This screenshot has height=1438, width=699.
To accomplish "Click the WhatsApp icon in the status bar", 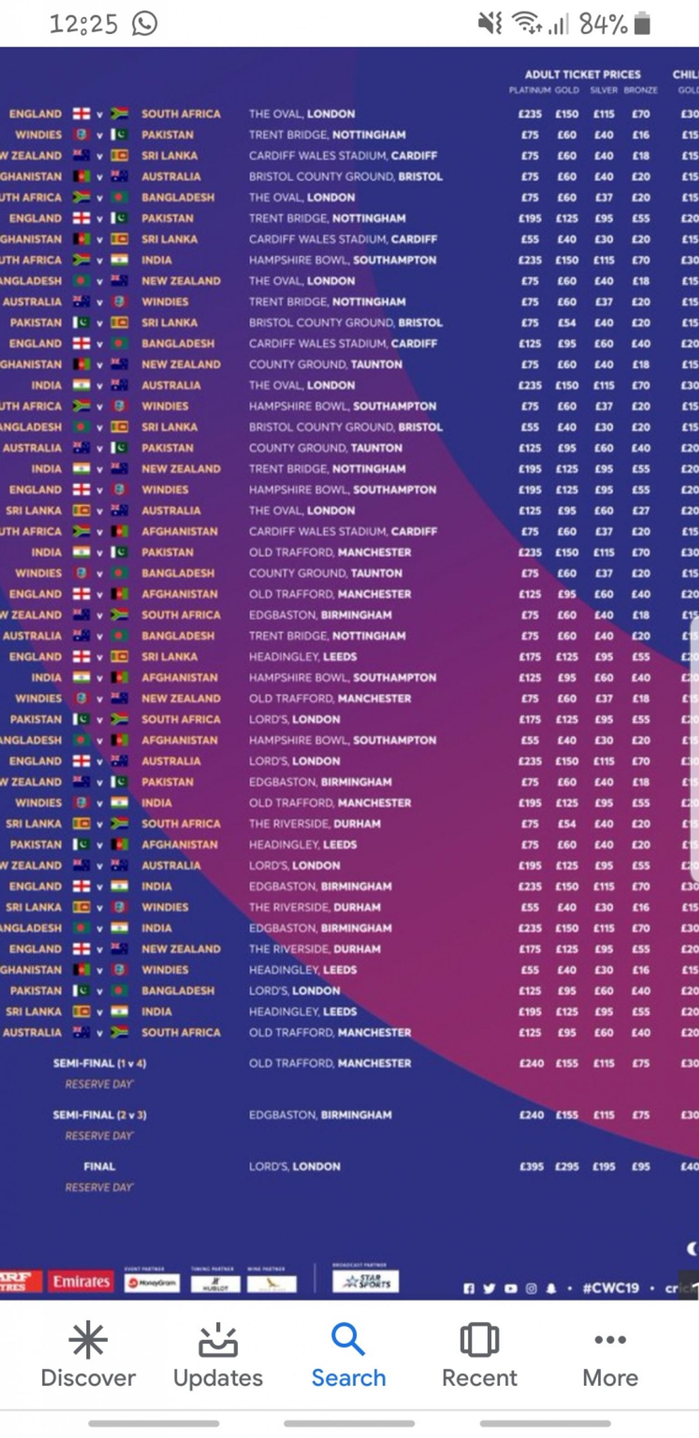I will coord(144,23).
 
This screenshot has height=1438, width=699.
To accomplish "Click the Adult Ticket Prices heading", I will coord(582,74).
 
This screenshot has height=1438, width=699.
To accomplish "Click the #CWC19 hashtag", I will coord(610,1288).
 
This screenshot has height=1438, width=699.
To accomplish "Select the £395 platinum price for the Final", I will coord(531,1166).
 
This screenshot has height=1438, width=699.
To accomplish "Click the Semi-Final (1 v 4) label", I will coord(99,1063).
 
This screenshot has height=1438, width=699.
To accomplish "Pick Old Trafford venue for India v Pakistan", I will coord(329,552).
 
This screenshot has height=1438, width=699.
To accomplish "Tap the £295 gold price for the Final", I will coord(567,1166).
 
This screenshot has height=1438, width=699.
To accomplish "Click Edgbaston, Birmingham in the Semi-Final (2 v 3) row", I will coord(320,1115).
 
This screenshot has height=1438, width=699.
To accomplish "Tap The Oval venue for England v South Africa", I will coord(302,114).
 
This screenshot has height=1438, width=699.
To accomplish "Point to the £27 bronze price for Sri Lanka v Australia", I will coord(640,510).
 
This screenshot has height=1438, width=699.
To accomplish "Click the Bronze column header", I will coord(640,90).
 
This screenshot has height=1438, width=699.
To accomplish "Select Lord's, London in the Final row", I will coord(294,1166).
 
